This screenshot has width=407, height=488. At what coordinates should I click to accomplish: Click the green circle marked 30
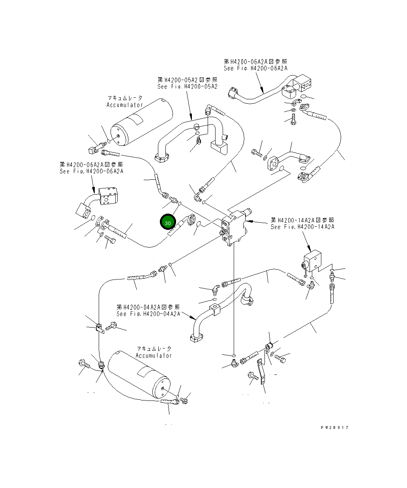coord(168,223)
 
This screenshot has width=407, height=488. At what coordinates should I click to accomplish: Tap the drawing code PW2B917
coord(335,428)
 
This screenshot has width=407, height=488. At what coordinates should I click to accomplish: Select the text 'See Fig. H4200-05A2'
coord(187,87)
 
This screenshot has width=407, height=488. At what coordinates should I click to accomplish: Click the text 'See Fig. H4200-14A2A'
coord(302,227)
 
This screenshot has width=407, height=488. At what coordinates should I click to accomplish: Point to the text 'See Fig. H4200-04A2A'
coord(148,314)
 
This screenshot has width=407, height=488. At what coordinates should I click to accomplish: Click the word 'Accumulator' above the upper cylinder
coord(124,105)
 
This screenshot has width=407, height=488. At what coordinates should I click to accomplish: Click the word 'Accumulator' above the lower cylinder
coord(154,356)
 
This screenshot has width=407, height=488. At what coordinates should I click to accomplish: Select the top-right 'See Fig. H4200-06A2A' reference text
coord(255,68)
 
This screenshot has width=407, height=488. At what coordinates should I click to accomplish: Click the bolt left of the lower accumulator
coord(84,364)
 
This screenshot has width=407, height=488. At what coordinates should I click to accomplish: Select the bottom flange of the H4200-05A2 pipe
coord(162,159)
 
